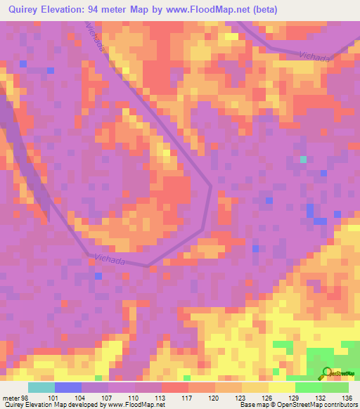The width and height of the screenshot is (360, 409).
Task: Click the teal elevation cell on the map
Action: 304,160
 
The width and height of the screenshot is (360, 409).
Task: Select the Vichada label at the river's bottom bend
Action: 109,260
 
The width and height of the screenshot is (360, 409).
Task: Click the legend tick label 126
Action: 266,378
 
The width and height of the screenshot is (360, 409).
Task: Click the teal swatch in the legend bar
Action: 41,387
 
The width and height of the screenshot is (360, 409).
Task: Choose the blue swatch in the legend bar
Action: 67,387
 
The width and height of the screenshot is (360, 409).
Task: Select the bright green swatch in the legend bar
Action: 308,387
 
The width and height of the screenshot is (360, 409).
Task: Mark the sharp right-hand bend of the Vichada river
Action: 210,187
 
